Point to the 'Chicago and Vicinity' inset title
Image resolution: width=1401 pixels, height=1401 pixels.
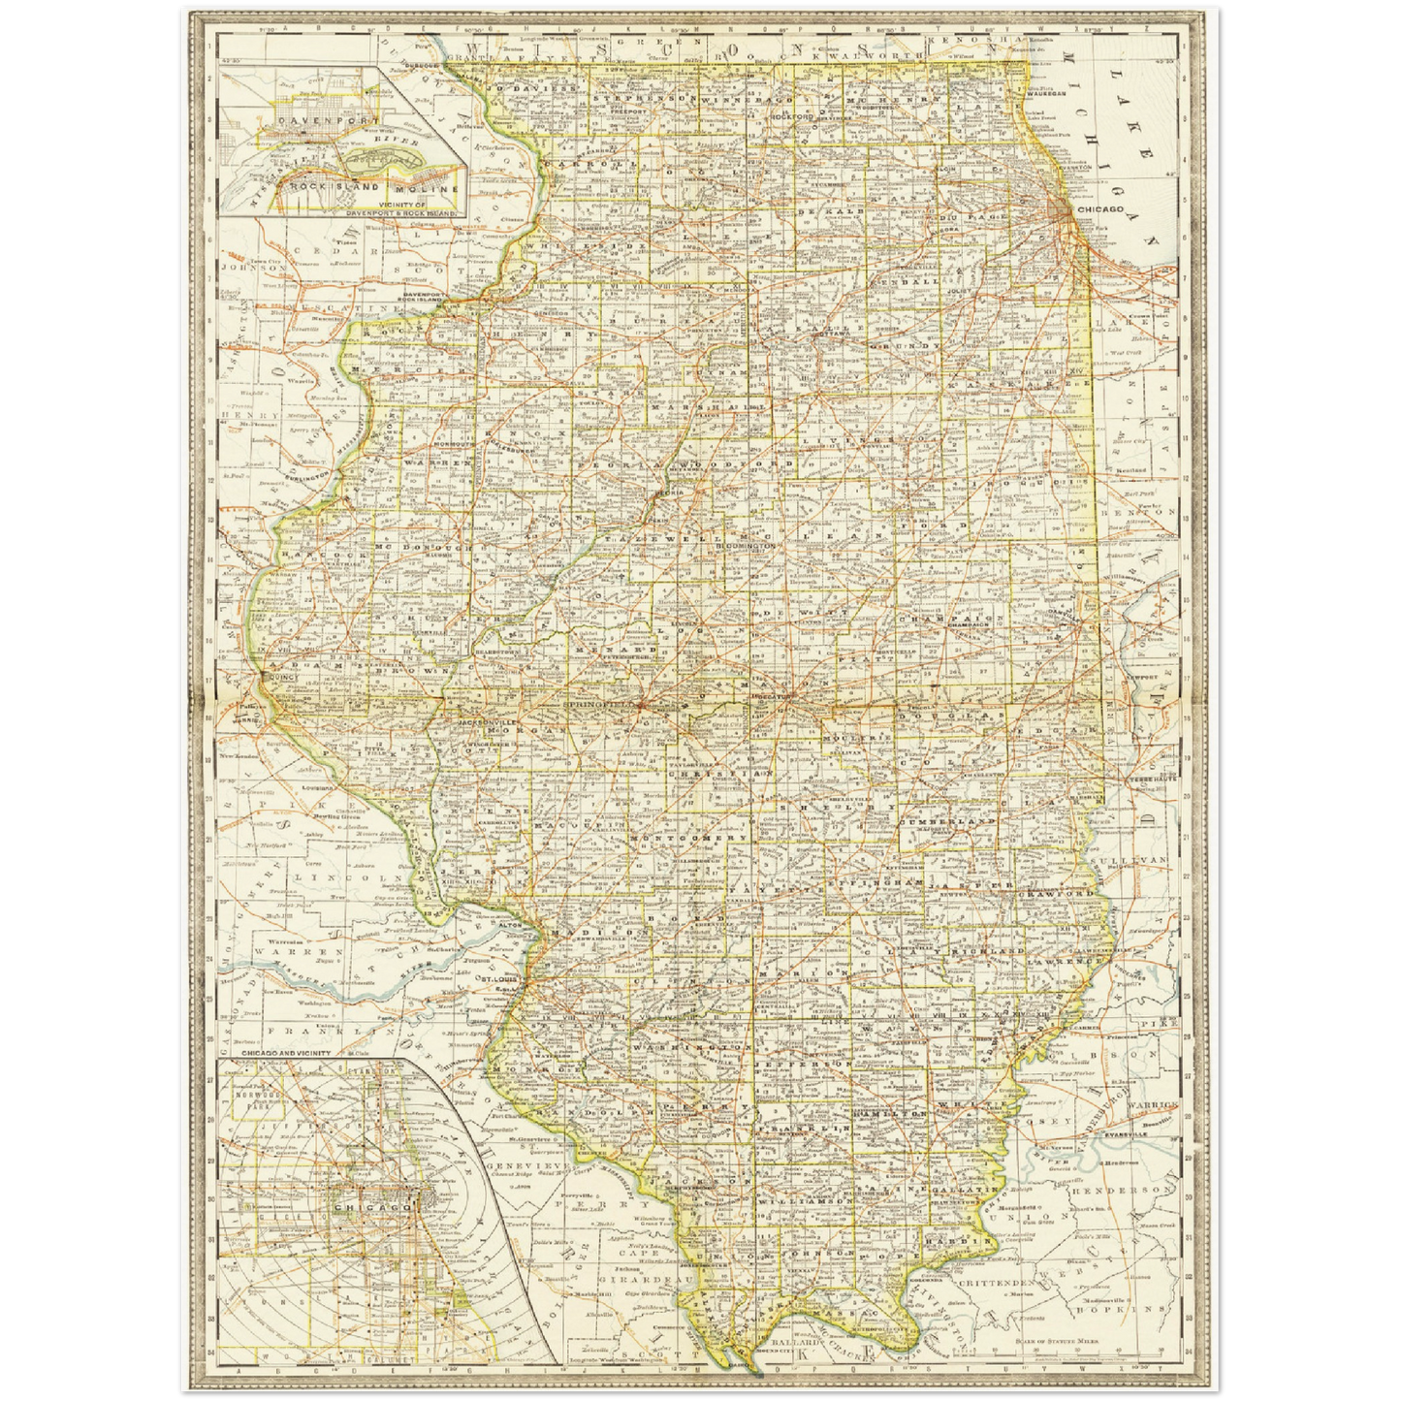pos(286,1053)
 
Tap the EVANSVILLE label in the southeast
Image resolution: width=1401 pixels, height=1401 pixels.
pos(1152,1130)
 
